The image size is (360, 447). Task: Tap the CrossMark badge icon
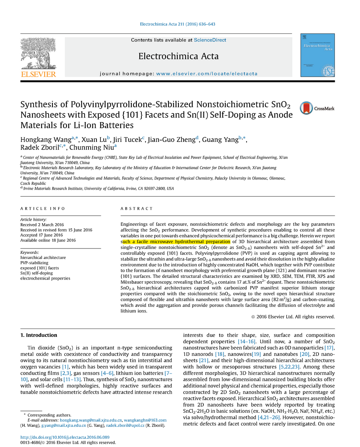[x=306, y=108]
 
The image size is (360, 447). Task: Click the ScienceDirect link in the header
[x=210, y=40]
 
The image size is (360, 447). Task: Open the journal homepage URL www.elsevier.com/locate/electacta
[x=207, y=73]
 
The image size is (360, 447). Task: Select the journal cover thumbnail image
[x=318, y=55]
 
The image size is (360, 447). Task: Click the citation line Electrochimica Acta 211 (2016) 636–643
[x=177, y=24]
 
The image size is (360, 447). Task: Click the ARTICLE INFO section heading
[x=42, y=209]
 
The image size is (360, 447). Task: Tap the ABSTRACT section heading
[x=136, y=209]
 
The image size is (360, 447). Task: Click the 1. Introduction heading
[x=39, y=335]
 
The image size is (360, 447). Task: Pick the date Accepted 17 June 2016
[x=41, y=235]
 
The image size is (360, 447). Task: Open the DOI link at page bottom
[x=65, y=437]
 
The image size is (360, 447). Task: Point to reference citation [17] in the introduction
[x=329, y=348]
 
